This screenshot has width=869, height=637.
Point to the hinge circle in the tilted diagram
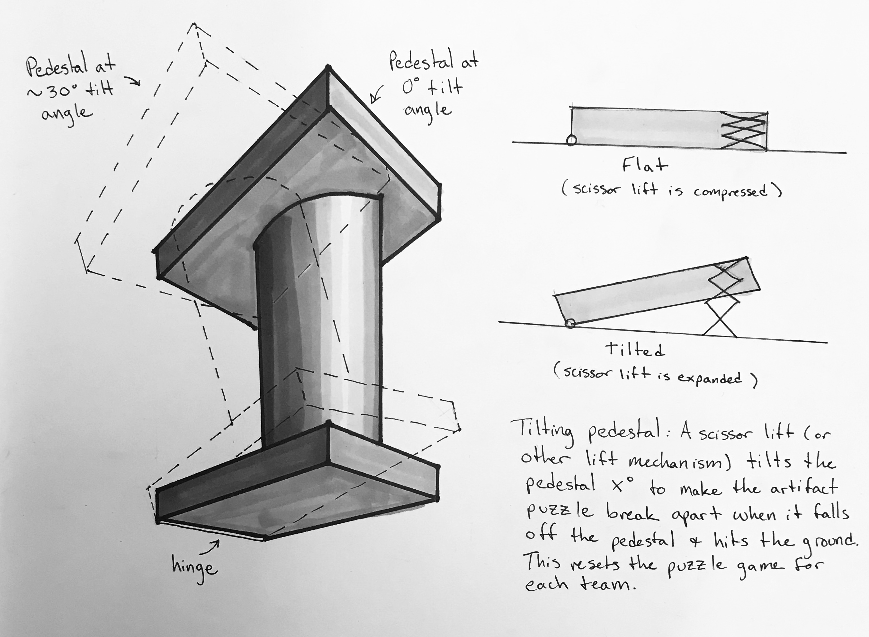click(x=570, y=324)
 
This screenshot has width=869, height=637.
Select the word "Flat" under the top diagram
click(x=644, y=165)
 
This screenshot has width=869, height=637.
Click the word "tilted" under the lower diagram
click(x=635, y=349)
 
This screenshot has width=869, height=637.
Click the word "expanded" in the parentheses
click(x=709, y=378)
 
